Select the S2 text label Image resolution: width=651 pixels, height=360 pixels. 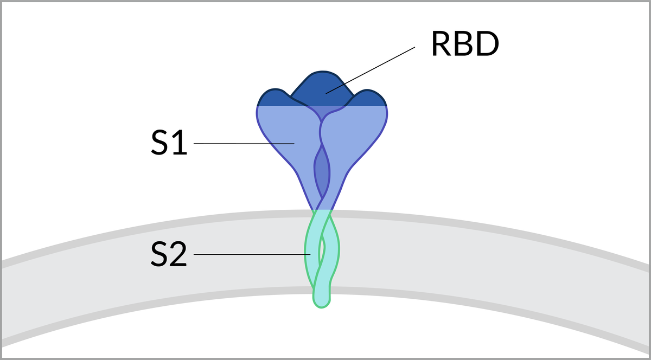tap(169, 254)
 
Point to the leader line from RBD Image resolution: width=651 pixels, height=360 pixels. tap(374, 68)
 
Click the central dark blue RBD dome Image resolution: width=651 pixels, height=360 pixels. tap(322, 87)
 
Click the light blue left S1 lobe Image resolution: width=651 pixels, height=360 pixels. tap(282, 136)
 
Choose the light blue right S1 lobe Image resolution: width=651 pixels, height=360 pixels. tap(358, 136)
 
